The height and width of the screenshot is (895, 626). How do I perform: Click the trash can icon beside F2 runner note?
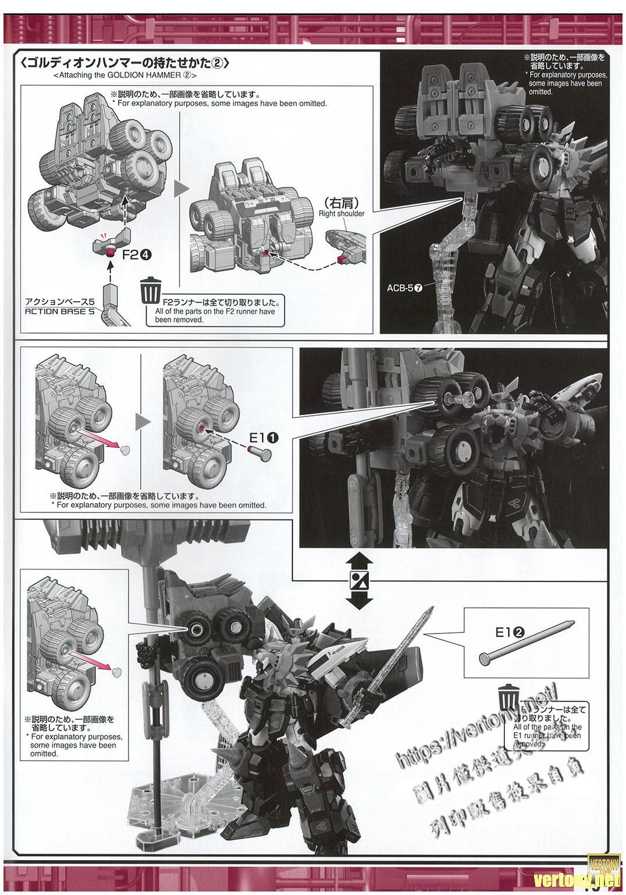[151, 290]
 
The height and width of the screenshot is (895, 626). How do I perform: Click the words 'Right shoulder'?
[341, 214]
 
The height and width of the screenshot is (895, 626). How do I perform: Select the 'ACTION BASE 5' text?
[60, 311]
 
